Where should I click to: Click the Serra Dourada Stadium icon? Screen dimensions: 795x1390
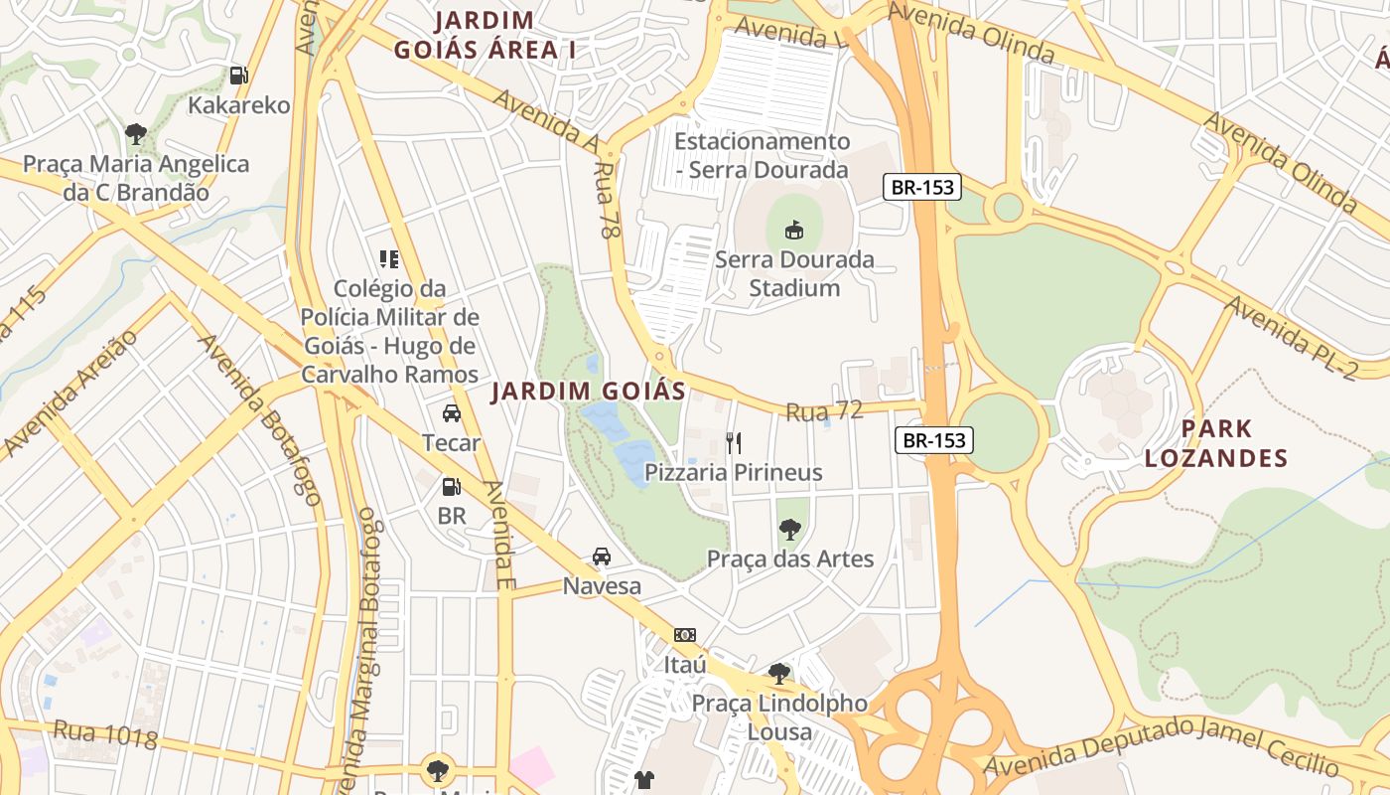(794, 230)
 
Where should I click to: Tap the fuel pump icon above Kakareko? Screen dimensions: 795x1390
(238, 75)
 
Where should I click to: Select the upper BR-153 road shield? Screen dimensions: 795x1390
(922, 187)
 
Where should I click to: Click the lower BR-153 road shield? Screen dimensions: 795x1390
(934, 440)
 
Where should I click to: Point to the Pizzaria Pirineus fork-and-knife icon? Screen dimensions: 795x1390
(734, 442)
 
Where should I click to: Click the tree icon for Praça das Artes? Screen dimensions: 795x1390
(790, 529)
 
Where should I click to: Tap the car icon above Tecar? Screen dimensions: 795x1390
(452, 413)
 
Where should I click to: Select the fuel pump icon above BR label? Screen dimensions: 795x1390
(451, 486)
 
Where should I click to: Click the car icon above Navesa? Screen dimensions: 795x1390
(602, 556)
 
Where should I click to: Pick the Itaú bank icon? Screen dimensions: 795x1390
(685, 635)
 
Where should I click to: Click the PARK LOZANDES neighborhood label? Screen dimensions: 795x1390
(1215, 443)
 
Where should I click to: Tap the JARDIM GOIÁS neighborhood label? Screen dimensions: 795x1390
(590, 391)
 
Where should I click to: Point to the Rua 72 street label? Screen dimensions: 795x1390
(823, 410)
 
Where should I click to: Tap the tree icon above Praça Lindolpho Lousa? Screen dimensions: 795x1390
(779, 673)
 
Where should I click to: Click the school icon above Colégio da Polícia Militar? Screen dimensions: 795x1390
(389, 259)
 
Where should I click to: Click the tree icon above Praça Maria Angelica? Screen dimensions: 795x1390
(136, 133)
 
